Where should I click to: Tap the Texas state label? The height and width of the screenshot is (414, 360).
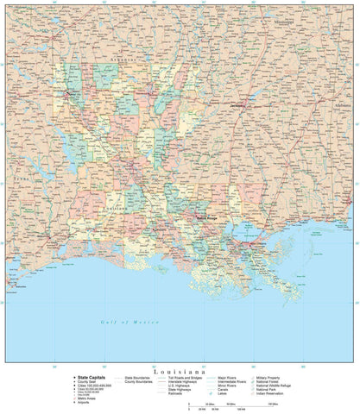coord(16,182)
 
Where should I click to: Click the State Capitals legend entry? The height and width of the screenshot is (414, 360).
coord(89,378)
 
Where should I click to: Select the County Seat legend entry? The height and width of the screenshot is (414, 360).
coord(87,382)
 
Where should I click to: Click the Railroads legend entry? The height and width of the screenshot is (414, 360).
coord(178,395)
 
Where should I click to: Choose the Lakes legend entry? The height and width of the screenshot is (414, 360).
coord(225,395)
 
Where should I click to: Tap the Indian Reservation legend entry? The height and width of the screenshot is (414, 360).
coord(286,395)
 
